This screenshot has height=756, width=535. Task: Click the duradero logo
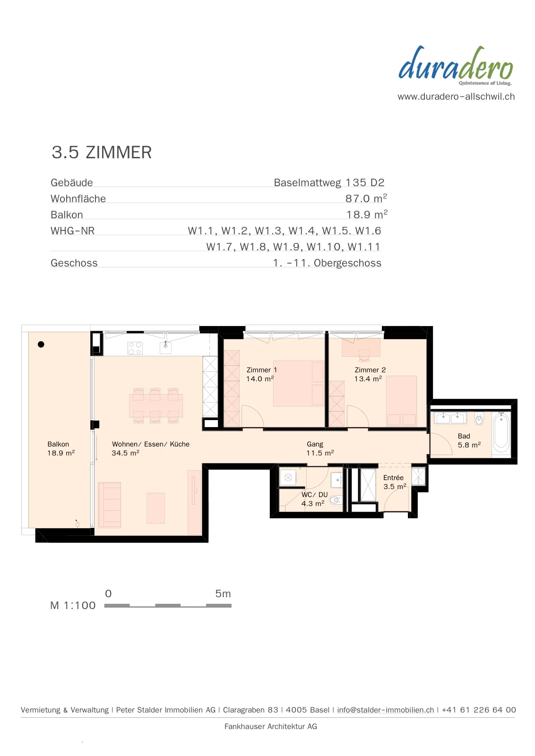pos(456,66)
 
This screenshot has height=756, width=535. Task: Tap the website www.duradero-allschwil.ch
pos(456,96)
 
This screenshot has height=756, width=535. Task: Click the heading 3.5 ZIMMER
pos(102,152)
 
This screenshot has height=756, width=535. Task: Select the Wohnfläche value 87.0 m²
pos(366,198)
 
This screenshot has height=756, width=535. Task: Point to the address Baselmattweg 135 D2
pos(329,182)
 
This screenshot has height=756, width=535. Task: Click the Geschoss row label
pos(74,263)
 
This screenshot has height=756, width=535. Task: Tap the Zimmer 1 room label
pos(262,370)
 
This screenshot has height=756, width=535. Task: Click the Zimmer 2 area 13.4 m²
pos(368,378)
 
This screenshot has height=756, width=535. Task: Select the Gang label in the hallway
pos(315,444)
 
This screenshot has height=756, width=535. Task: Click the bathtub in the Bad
pos(501,433)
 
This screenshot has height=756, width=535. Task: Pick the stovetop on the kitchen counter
pos(135,348)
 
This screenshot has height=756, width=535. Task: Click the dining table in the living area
pos(156,405)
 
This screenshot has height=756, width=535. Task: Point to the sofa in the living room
pos(109,505)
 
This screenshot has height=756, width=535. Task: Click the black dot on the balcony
pos(41,344)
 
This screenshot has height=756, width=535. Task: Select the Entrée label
pos(393,478)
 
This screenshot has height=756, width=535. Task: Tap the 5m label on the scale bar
pos(223,593)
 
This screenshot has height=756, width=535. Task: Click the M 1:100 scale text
pos(73,605)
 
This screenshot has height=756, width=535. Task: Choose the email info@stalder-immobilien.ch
pos(386,709)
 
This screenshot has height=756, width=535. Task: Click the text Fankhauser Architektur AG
pos(271,726)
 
